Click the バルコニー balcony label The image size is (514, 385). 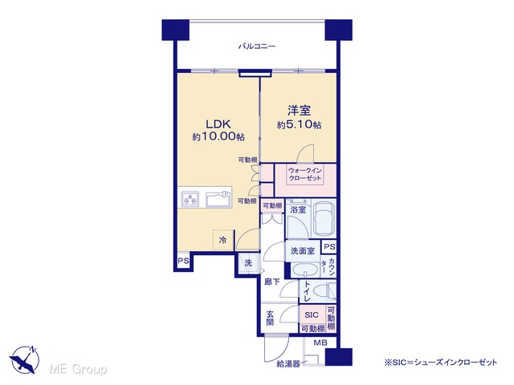[257, 47]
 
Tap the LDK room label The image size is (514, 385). [218, 124]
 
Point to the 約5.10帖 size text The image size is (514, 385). [299, 125]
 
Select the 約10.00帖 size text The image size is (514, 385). [218, 136]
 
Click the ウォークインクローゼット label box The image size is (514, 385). [305, 175]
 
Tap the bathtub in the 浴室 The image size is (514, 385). [324, 217]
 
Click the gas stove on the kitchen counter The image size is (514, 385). [190, 199]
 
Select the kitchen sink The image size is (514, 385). [218, 199]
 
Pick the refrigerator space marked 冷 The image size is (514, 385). [223, 240]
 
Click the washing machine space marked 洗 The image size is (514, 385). [248, 263]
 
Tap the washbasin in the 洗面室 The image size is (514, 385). [305, 271]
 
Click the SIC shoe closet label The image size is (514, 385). [312, 314]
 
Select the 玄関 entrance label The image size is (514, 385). [270, 318]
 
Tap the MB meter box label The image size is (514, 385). [320, 342]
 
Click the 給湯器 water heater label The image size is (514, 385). [288, 363]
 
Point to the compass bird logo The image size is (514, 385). [25, 359]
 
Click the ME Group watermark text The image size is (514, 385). [78, 369]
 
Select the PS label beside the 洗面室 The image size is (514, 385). [329, 246]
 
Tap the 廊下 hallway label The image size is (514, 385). [272, 282]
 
